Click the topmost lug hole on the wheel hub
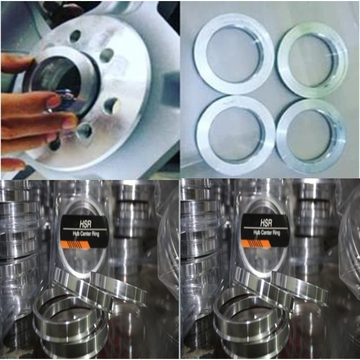point(75,36)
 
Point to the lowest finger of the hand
point(13,164)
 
